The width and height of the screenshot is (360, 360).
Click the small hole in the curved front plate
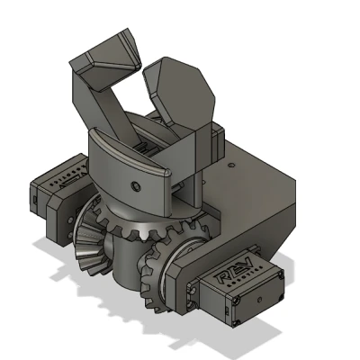click(x=134, y=185)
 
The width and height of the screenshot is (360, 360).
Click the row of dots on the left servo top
click(x=59, y=178)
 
